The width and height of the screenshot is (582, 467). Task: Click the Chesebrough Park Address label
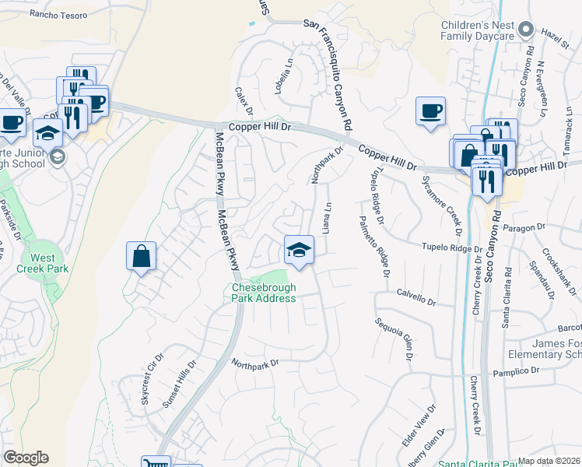264,293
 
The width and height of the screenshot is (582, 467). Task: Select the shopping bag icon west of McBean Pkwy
142,256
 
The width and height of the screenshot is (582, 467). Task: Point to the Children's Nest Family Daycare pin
526,30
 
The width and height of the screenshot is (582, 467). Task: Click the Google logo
26,458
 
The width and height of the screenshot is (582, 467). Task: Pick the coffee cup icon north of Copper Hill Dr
430,111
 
